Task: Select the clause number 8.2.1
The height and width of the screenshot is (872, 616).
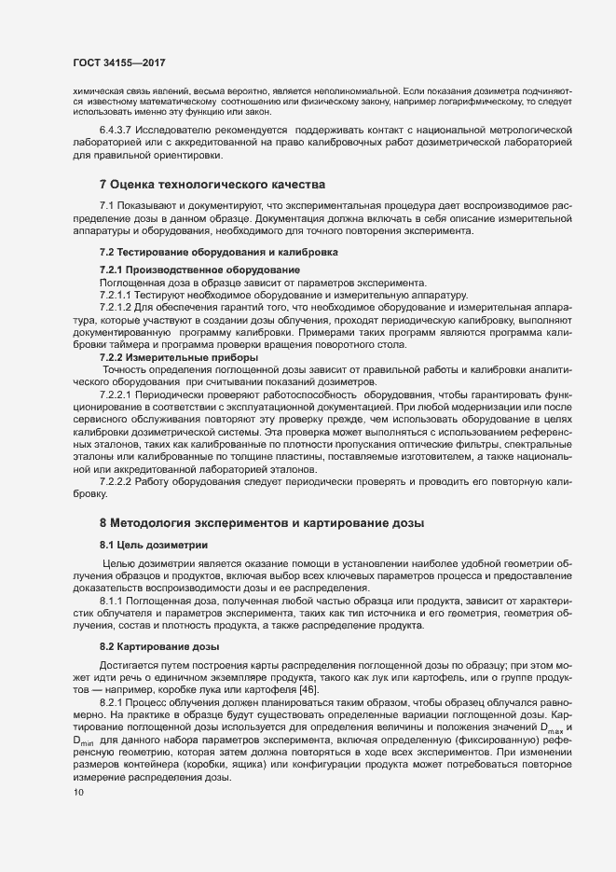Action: (x=114, y=700)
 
